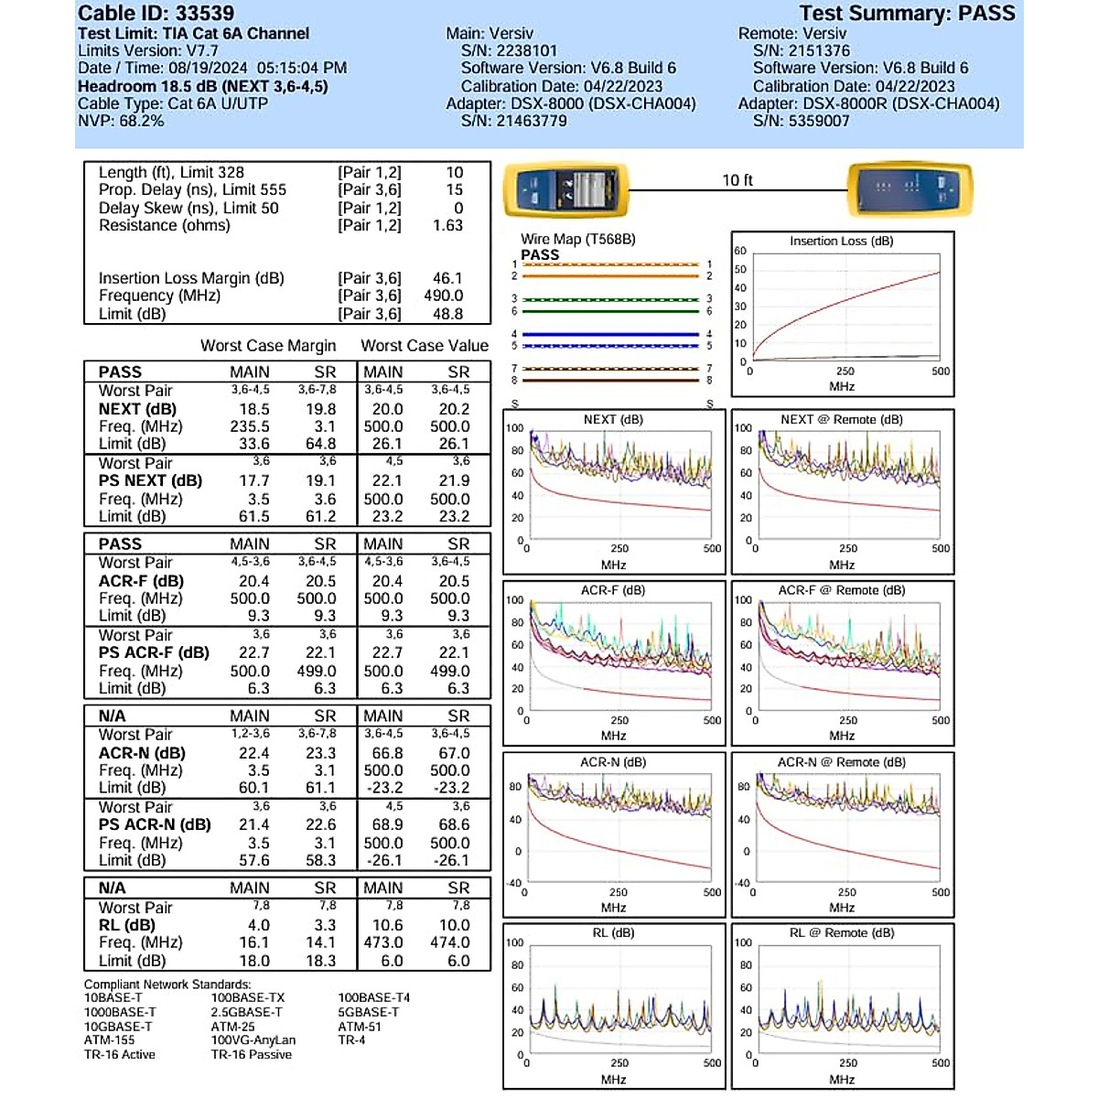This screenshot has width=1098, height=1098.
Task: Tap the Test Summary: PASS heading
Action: [907, 14]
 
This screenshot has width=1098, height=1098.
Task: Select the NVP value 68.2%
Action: [141, 121]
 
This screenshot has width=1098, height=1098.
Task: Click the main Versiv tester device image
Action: [566, 189]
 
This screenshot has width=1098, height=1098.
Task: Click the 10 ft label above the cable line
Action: [737, 180]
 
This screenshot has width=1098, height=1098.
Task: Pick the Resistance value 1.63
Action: [447, 225]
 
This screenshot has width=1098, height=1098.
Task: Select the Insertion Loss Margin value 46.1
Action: [447, 278]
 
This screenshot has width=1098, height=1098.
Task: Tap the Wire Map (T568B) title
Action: [577, 239]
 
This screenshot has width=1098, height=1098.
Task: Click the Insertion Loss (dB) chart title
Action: [841, 242]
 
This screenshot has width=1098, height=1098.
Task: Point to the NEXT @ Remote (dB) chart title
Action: [841, 420]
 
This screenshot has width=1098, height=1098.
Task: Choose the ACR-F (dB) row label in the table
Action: [141, 581]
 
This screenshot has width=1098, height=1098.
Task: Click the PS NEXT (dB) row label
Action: [150, 480]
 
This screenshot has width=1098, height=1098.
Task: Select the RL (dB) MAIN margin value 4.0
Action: [259, 925]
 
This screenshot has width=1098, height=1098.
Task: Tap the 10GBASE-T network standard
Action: [118, 1027]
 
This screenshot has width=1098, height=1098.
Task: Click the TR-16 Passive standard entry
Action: [251, 1055]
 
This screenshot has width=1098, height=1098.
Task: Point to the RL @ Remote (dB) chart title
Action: [841, 933]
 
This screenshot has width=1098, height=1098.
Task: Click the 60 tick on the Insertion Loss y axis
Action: [740, 251]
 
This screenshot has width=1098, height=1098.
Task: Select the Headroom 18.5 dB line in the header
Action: [202, 86]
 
